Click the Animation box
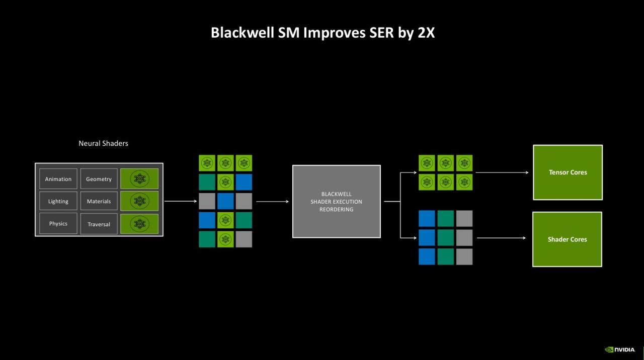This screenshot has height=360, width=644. pyautogui.click(x=58, y=179)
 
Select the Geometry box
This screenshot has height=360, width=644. pyautogui.click(x=99, y=179)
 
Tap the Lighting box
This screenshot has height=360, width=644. pyautogui.click(x=58, y=201)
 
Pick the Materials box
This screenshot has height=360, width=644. pyautogui.click(x=99, y=201)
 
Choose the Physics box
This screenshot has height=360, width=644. pyautogui.click(x=58, y=224)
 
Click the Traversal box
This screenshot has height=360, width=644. pyautogui.click(x=99, y=224)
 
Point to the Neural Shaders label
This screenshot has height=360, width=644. pyautogui.click(x=103, y=143)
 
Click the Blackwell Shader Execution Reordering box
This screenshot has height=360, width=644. pyautogui.click(x=336, y=202)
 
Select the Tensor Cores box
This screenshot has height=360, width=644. pyautogui.click(x=568, y=172)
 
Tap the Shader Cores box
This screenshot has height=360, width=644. pyautogui.click(x=567, y=239)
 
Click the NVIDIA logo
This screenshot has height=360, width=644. pyautogui.click(x=620, y=349)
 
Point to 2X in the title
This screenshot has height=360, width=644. pyautogui.click(x=424, y=33)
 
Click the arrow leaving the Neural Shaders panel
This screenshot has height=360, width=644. pyautogui.click(x=181, y=201)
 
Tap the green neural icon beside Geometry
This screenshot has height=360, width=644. pyautogui.click(x=139, y=178)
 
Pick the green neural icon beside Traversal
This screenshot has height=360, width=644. pyautogui.click(x=139, y=224)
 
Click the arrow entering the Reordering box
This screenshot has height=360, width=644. pyautogui.click(x=273, y=202)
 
